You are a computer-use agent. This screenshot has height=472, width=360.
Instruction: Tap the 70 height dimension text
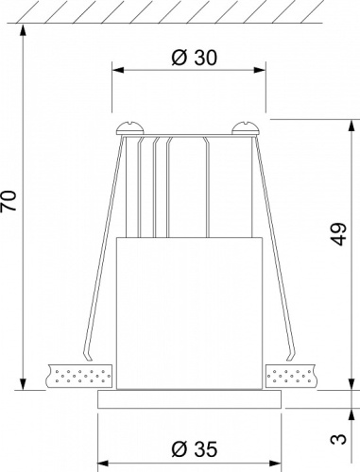[10, 202]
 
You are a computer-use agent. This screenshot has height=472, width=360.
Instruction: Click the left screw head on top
[128, 126]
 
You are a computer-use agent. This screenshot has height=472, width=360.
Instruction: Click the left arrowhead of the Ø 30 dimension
[117, 69]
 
